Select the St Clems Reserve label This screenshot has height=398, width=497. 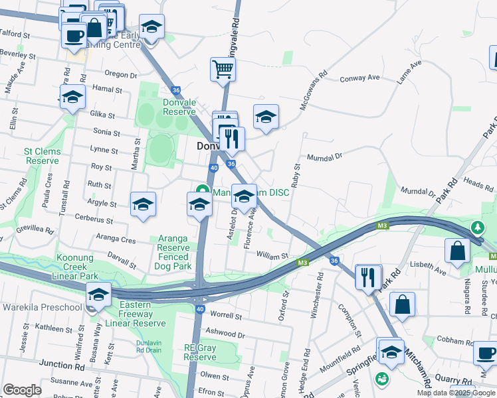[42, 156]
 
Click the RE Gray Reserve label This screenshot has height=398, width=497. [200, 352]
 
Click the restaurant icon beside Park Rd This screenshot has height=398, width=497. [368, 277]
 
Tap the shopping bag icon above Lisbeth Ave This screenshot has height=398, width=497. [458, 251]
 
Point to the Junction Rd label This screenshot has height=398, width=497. [62, 364]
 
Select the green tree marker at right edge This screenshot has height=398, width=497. [477, 228]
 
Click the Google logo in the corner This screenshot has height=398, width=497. [22, 390]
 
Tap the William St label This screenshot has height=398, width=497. [271, 255]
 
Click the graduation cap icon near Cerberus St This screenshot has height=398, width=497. [143, 206]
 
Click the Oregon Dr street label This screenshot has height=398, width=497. [120, 74]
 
